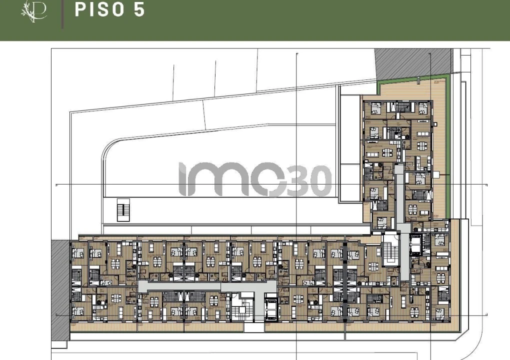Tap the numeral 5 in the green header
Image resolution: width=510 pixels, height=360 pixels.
[139, 10]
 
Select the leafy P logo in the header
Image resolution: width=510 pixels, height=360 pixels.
[34, 11]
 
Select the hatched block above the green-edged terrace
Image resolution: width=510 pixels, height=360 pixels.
[413, 62]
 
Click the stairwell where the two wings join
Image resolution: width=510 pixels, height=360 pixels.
[389, 255]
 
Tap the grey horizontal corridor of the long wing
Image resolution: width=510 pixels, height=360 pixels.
[205, 286]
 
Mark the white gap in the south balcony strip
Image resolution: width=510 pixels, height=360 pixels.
[253, 328]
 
